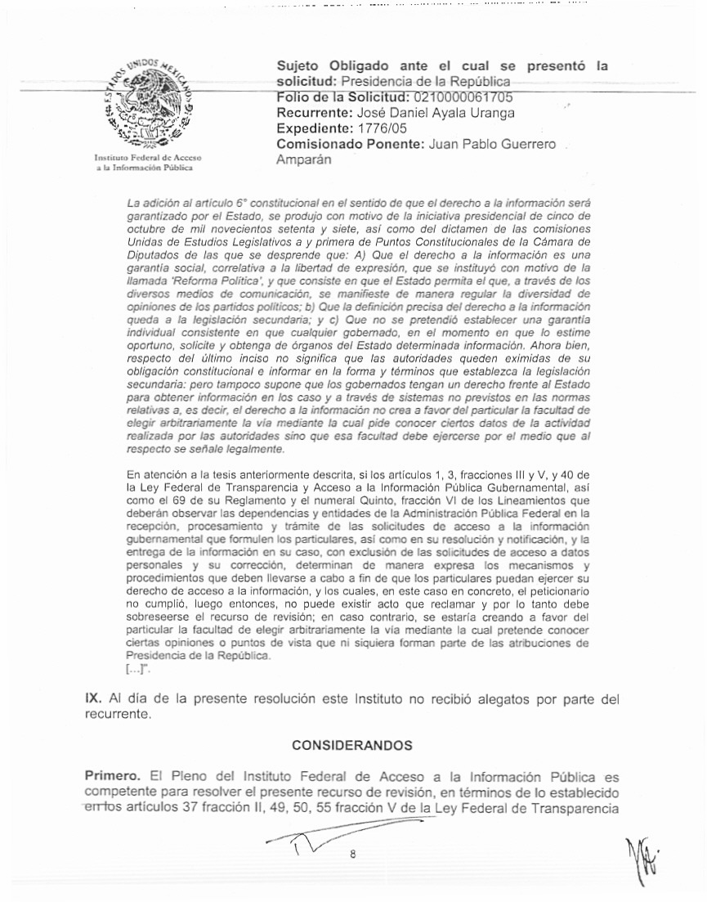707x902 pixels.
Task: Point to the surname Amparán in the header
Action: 304,159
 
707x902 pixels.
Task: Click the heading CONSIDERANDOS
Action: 352,745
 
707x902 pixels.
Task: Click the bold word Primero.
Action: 109,775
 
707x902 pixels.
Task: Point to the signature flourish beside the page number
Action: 302,842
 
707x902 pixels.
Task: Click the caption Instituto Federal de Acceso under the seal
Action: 148,157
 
